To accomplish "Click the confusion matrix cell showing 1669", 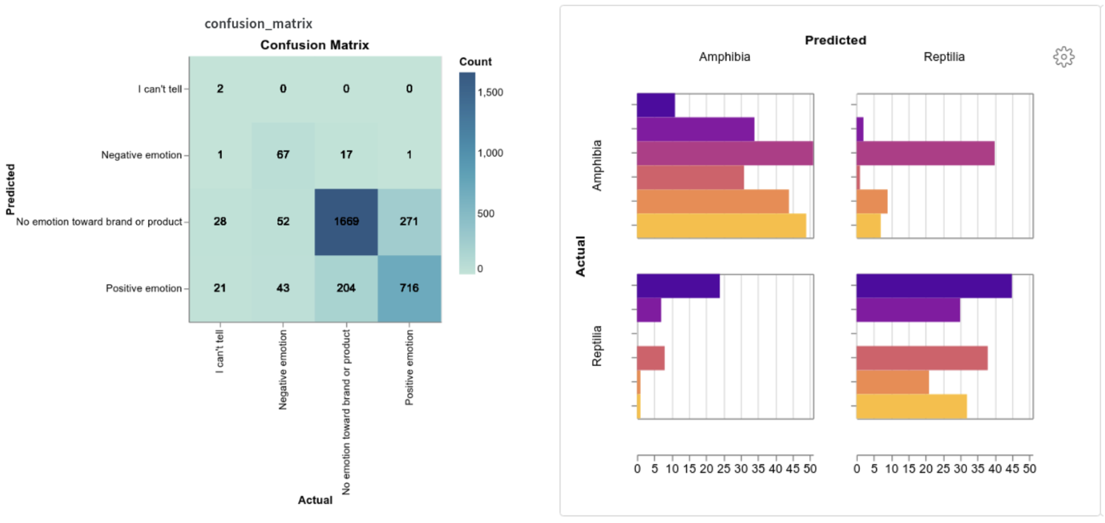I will click(346, 221).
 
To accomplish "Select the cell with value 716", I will click(409, 288).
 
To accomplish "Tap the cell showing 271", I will click(409, 221).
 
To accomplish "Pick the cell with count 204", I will click(346, 288).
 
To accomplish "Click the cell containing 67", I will click(283, 155).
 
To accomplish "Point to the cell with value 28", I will click(220, 221).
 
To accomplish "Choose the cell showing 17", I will click(346, 155).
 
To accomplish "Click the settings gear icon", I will click(1063, 57).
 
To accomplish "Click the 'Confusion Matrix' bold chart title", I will click(314, 45).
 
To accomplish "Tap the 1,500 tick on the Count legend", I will click(490, 92).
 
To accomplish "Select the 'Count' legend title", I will click(475, 62).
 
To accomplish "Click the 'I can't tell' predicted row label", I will click(159, 89).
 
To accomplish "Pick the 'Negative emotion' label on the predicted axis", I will click(141, 155).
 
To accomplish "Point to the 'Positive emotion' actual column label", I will click(409, 367).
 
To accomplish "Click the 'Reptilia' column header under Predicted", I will click(943, 57).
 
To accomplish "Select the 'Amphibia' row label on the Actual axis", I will click(597, 165).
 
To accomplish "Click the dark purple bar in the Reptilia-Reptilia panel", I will click(933, 286).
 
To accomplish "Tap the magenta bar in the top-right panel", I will click(925, 153).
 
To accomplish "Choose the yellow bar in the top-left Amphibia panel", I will click(721, 225).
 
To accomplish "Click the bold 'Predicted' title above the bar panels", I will click(835, 40).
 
